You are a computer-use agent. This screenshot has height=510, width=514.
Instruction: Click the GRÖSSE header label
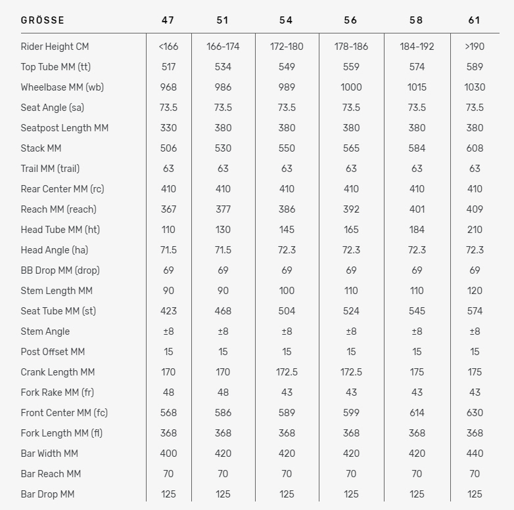[42, 20]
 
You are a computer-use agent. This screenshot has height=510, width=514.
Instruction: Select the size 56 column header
[351, 20]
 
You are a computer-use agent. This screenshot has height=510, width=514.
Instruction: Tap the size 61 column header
[475, 20]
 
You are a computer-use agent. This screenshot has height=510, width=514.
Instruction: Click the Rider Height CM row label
[55, 47]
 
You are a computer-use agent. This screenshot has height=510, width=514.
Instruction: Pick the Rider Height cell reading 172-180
[286, 47]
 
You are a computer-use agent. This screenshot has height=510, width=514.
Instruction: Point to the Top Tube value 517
[168, 67]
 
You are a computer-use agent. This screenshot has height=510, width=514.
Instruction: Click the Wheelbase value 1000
[351, 87]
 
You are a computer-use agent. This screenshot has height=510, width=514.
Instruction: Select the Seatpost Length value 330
[168, 128]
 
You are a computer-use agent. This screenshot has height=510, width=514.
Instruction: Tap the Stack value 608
[475, 148]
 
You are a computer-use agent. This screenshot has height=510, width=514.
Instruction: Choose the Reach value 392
[351, 209]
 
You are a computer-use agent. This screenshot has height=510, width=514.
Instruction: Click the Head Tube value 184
[417, 230]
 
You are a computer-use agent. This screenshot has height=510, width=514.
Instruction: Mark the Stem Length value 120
[475, 291]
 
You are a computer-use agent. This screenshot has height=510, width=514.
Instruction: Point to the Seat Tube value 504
[286, 311]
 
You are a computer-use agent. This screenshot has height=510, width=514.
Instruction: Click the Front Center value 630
[475, 413]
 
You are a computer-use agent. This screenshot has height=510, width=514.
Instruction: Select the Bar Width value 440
[475, 454]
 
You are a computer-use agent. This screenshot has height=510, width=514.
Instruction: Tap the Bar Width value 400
[168, 454]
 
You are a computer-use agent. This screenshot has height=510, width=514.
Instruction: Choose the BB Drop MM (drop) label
[60, 270]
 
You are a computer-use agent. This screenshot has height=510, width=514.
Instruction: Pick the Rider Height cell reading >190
[475, 47]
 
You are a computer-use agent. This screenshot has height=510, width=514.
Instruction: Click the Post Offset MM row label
[53, 352]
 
